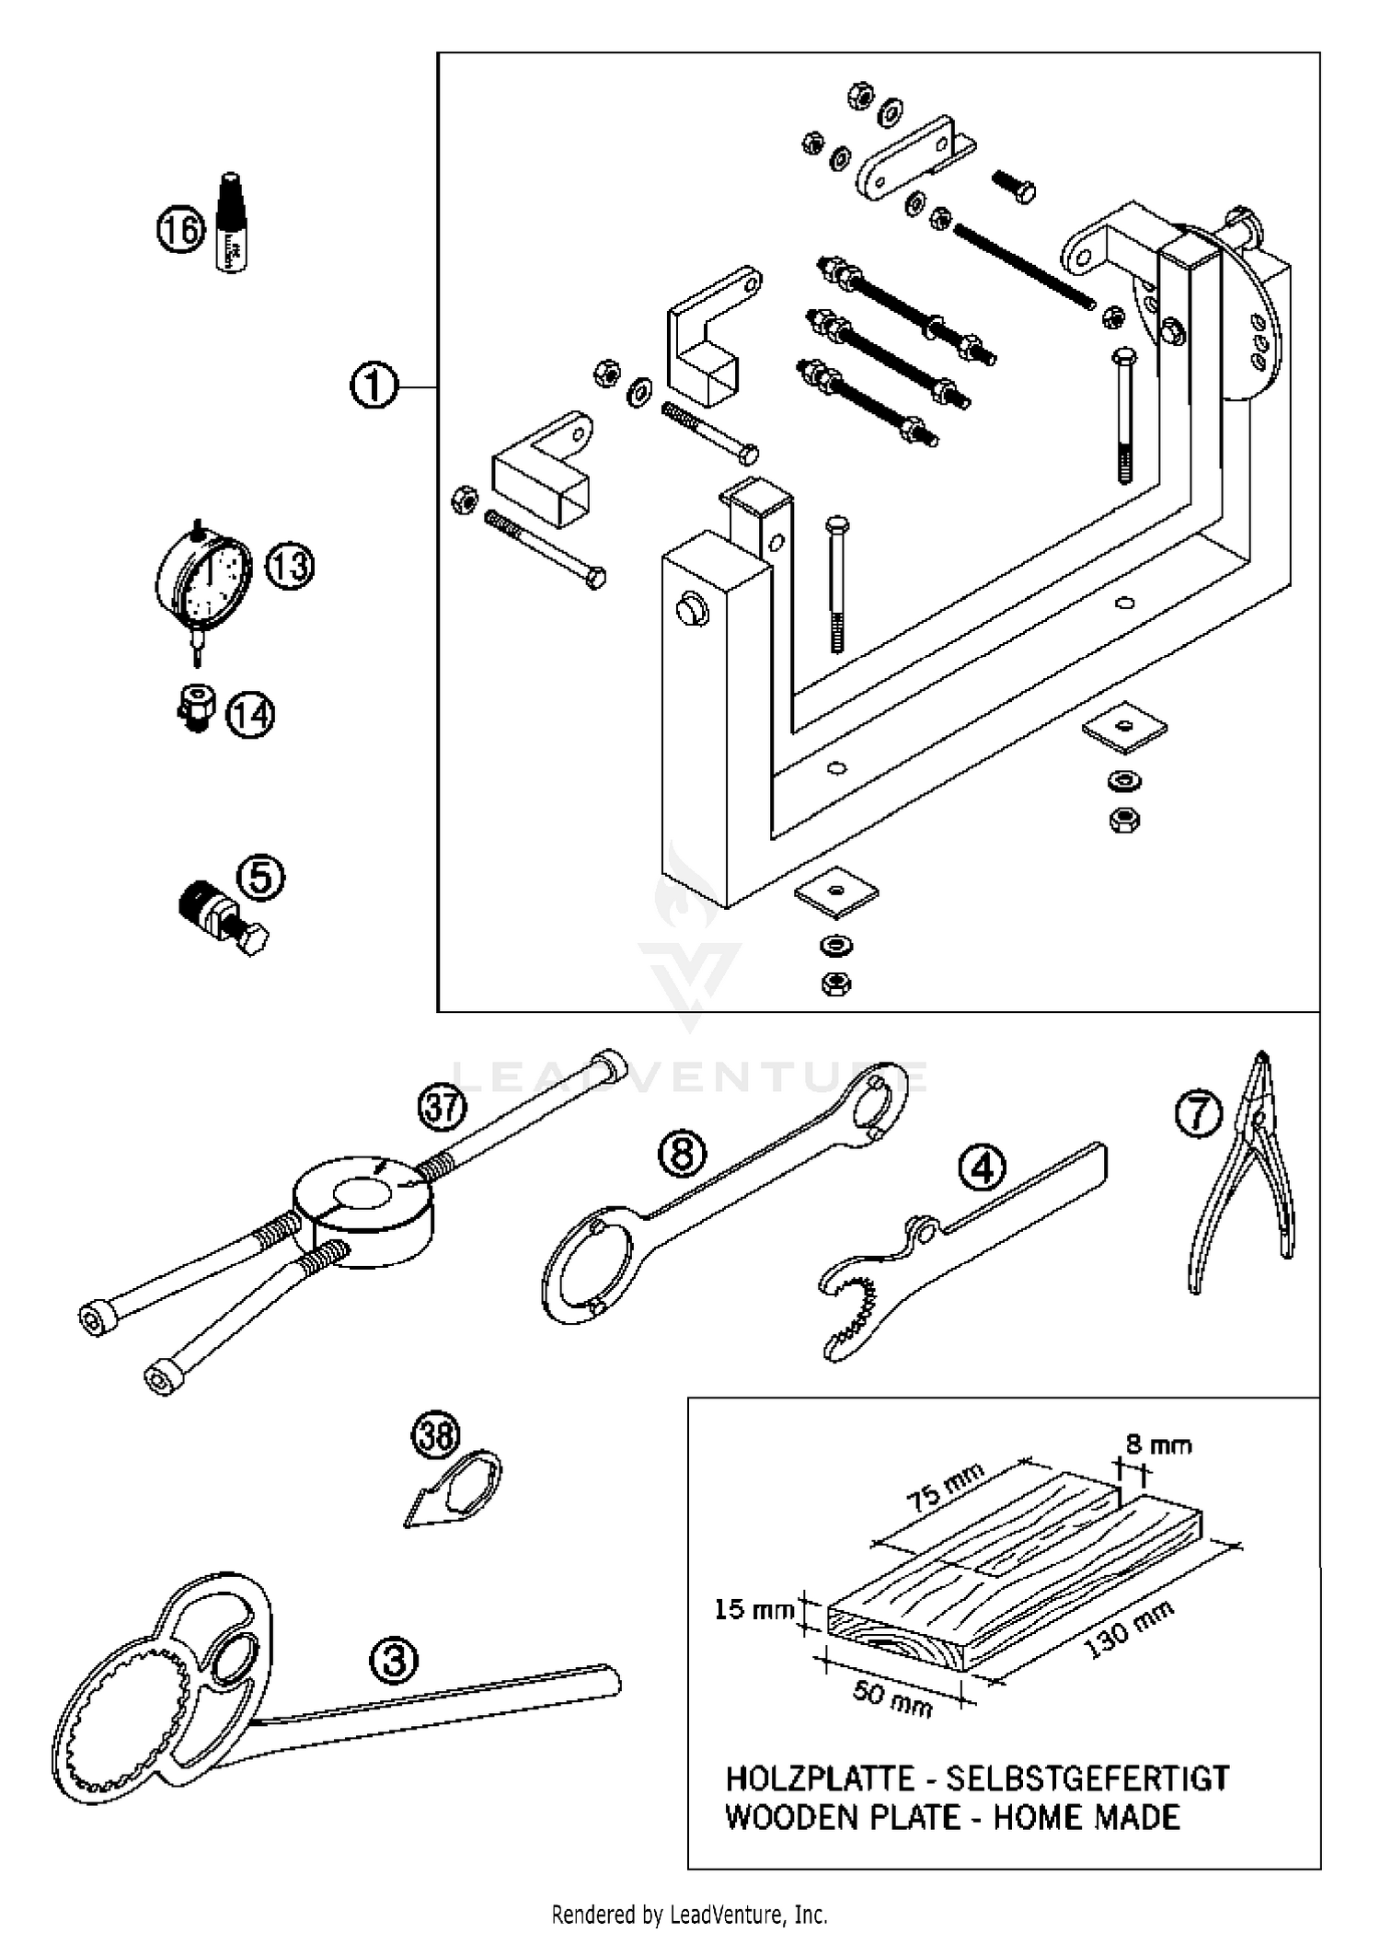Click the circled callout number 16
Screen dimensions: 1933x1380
179,228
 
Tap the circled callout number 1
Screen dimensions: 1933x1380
374,385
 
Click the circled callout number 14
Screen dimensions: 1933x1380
250,715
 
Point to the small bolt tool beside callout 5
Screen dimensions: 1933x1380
221,915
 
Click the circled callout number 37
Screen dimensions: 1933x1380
442,1107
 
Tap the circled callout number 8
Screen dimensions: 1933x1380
682,1153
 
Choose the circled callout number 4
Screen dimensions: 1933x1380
982,1168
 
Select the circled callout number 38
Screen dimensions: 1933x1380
434,1436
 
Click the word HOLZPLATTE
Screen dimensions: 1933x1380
818,1778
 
